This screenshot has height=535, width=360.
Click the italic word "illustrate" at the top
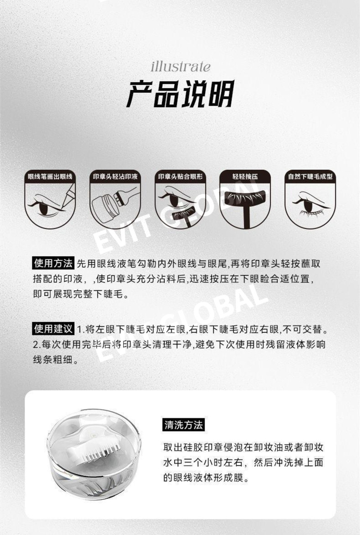pos(180,67)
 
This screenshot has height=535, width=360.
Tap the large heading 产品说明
pos(180,94)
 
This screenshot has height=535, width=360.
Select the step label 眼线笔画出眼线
pos(50,177)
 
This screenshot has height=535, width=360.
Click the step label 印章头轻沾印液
pos(115,177)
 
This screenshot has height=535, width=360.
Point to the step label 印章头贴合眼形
pos(180,177)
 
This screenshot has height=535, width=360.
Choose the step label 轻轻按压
pos(245,177)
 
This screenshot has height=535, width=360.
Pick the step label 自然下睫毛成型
pos(310,177)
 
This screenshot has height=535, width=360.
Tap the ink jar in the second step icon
pos(105,210)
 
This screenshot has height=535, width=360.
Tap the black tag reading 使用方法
pos(53,263)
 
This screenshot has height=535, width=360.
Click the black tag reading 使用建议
pos(53,329)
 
